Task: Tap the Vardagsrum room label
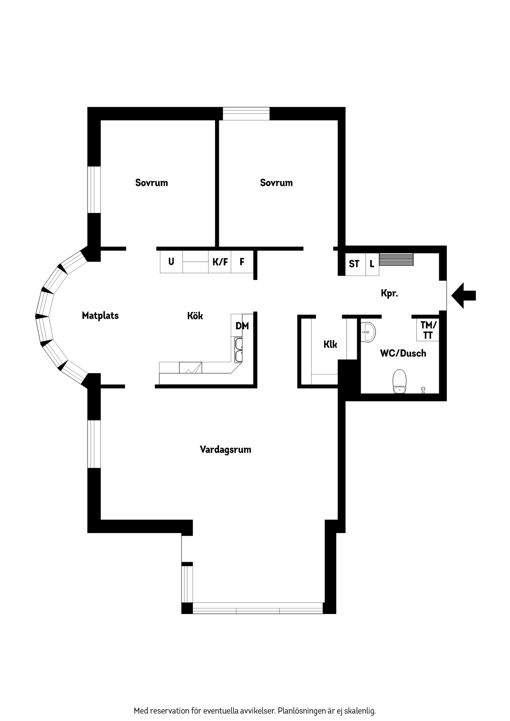coord(225,450)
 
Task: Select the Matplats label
coord(100,316)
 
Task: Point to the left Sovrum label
coord(151,183)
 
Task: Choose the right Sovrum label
coord(276,183)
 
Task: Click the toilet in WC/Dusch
coord(399,381)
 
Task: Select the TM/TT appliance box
coord(428,330)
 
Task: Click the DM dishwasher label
coord(242,326)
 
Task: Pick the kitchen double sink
coord(239,350)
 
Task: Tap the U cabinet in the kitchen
coord(171,261)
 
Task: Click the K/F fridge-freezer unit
coord(220,261)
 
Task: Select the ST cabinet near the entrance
coord(354,264)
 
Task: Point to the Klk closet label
coord(330,345)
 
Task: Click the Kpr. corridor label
coord(389,293)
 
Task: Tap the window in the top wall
coord(246,114)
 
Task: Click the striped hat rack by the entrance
coord(396,259)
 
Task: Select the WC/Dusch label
coord(403,353)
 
